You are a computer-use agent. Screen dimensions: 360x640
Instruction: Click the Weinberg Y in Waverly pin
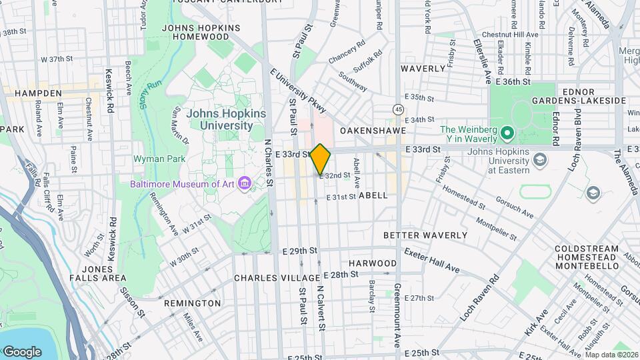click(x=506, y=133)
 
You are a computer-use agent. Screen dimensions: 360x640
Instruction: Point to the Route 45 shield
click(x=398, y=108)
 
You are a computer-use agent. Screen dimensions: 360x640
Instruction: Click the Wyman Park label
click(x=154, y=159)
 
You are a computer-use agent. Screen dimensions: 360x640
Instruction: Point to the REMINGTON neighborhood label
click(x=192, y=303)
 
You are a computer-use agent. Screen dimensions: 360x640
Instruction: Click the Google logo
click(x=22, y=351)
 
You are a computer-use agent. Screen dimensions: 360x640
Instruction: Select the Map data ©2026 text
click(x=611, y=355)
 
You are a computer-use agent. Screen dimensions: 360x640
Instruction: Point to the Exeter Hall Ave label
click(x=431, y=259)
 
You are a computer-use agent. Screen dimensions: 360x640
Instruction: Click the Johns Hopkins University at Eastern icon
click(x=540, y=160)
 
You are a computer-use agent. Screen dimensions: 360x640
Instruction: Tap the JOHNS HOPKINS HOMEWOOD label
click(x=201, y=33)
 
